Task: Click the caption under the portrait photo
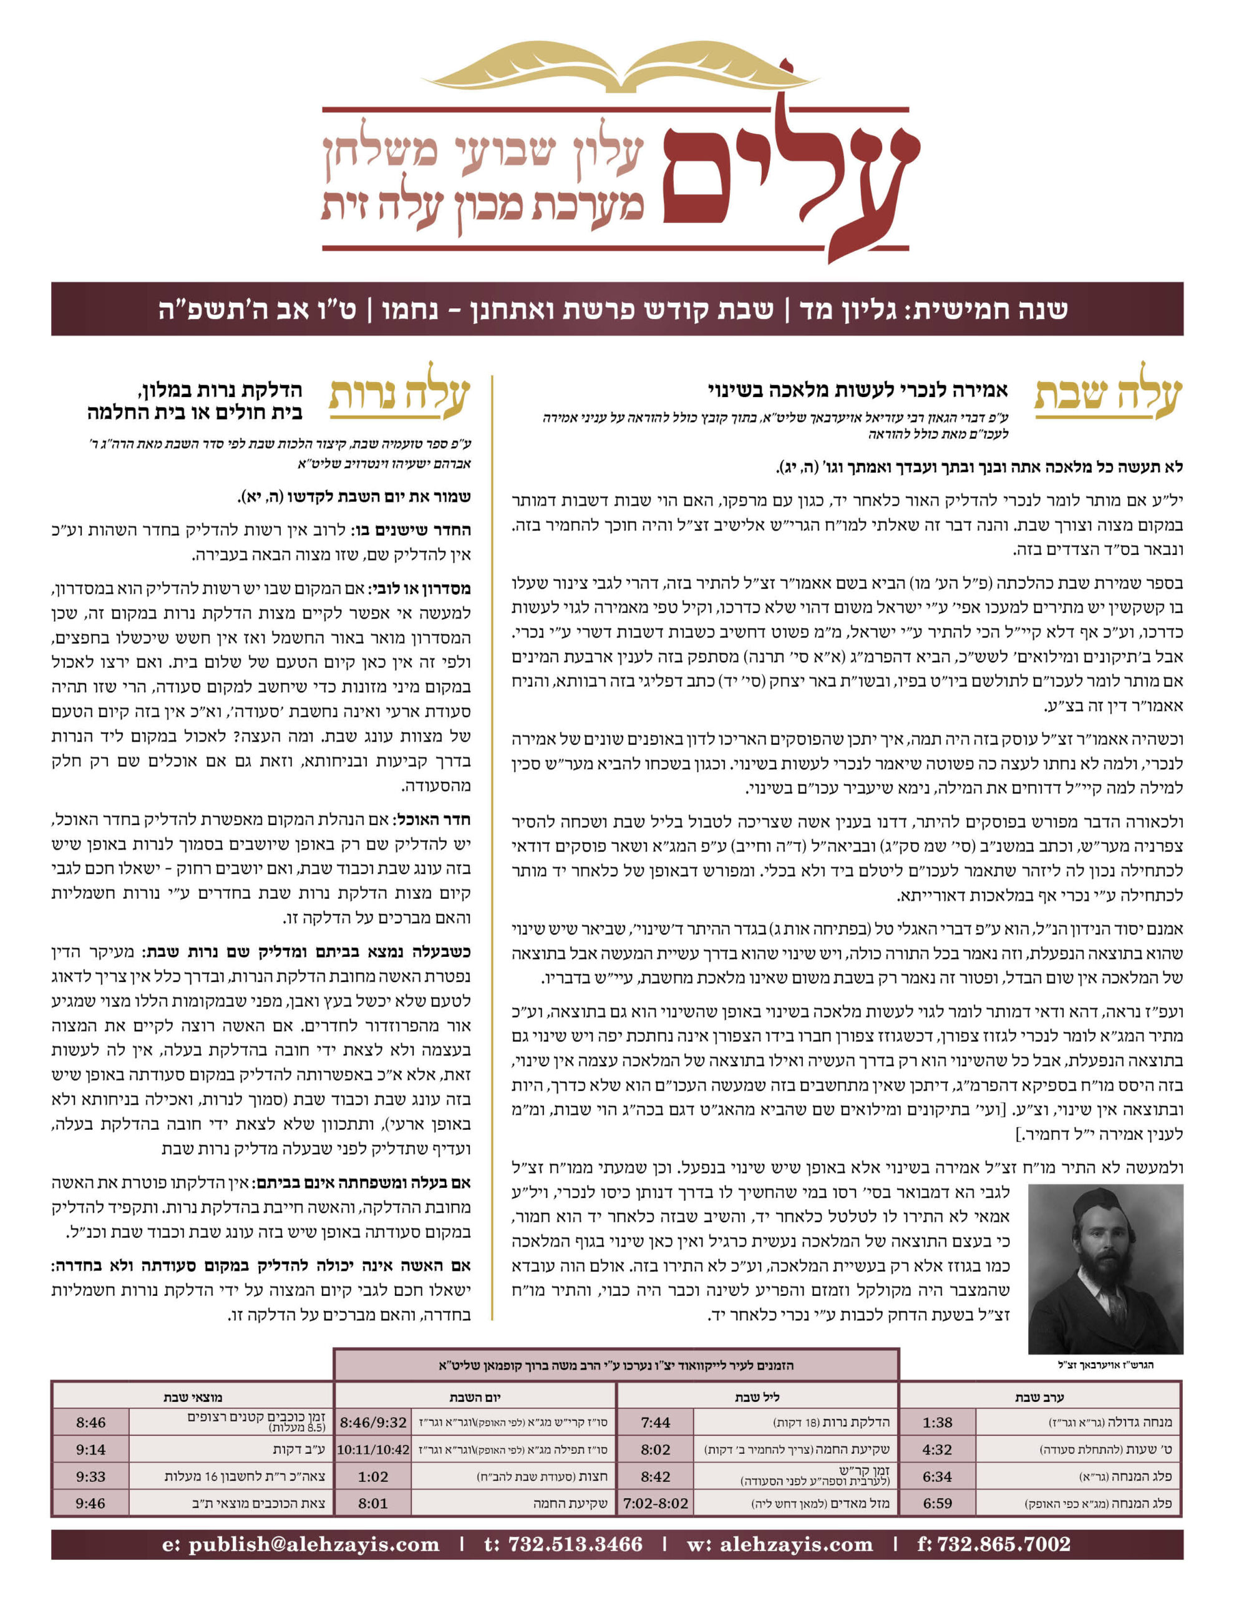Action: tap(1104, 1365)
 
